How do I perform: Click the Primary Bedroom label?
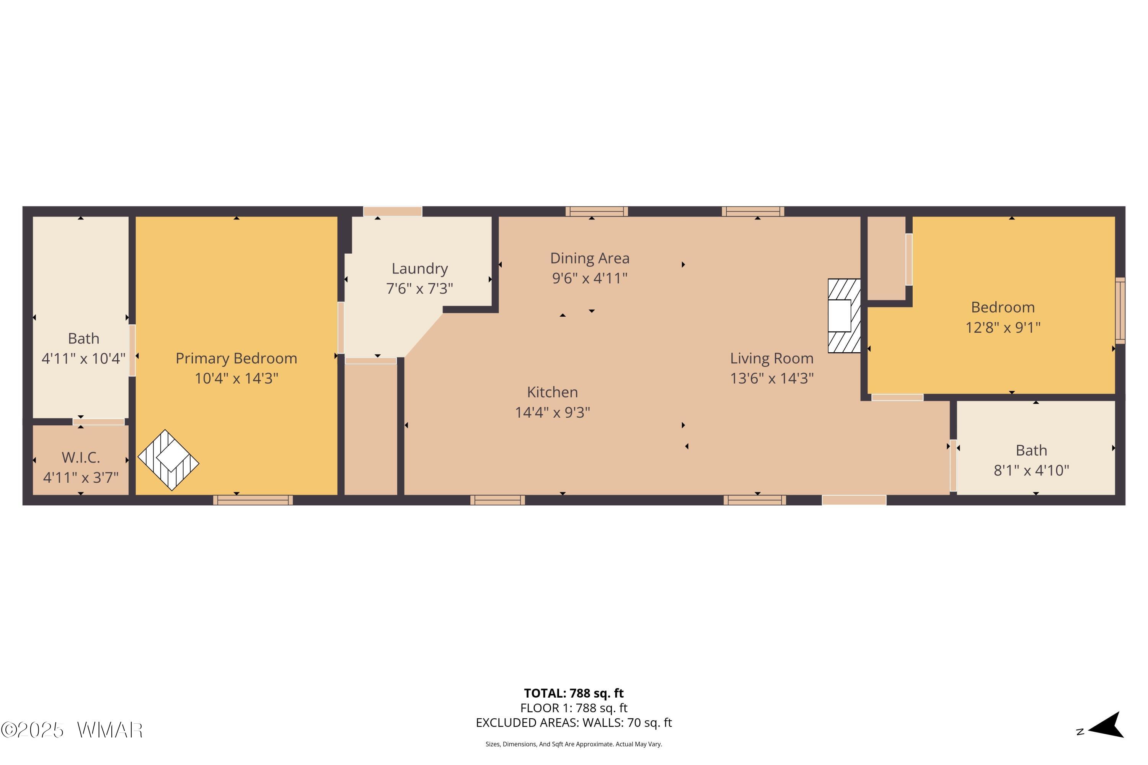pyautogui.click(x=236, y=359)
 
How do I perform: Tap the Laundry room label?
pyautogui.click(x=420, y=269)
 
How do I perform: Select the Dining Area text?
pyautogui.click(x=590, y=258)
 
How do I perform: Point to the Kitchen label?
pyautogui.click(x=553, y=392)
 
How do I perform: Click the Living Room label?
pyautogui.click(x=772, y=359)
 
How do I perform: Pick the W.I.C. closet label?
pyautogui.click(x=80, y=457)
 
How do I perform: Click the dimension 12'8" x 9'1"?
pyautogui.click(x=1003, y=327)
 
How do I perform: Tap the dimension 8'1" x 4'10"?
pyautogui.click(x=1031, y=470)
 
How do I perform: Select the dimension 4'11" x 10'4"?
pyautogui.click(x=83, y=359)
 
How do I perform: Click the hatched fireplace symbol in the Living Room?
pyautogui.click(x=844, y=316)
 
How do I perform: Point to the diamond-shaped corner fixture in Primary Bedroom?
pyautogui.click(x=168, y=460)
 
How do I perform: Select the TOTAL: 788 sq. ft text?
pyautogui.click(x=574, y=693)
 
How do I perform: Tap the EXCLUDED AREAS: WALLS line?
pyautogui.click(x=574, y=723)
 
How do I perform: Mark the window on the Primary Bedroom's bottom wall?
pyautogui.click(x=253, y=500)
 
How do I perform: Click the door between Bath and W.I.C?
pyautogui.click(x=99, y=422)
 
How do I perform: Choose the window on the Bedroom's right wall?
pyautogui.click(x=1120, y=311)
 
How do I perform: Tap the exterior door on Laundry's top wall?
pyautogui.click(x=393, y=211)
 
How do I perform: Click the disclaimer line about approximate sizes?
pyautogui.click(x=574, y=744)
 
